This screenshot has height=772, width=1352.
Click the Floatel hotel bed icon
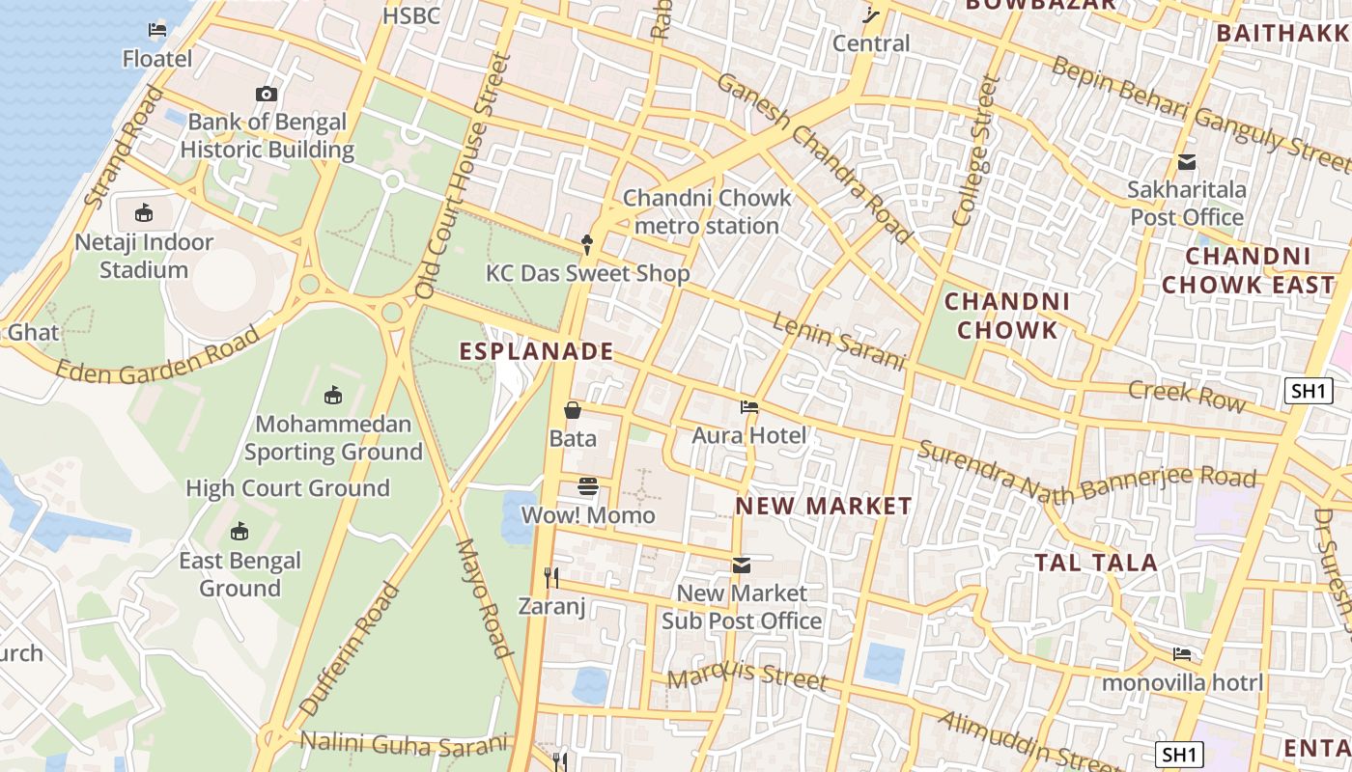157,30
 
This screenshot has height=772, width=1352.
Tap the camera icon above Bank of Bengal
267,94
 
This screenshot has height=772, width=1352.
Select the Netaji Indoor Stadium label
144,256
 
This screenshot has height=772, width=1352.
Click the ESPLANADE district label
537,351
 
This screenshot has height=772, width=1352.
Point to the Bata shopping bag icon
573,411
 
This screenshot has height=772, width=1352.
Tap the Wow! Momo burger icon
588,485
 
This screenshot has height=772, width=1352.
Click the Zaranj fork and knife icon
551,578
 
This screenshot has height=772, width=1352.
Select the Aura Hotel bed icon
748,407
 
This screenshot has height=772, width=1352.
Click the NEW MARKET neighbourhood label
824,506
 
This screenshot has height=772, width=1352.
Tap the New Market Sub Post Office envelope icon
741,565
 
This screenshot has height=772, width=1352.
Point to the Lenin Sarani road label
838,341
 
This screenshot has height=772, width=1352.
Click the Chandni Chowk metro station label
707,211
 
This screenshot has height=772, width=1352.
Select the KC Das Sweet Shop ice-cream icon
586,244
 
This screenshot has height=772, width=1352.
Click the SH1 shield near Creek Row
1309,391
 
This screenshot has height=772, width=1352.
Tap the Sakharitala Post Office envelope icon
1186,162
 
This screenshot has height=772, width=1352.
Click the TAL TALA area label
1096,563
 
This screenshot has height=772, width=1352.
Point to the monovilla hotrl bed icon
1182,654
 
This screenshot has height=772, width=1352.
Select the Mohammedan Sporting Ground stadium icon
333,395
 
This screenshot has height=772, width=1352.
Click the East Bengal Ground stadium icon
239,532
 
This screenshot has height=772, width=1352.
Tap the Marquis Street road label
747,676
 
